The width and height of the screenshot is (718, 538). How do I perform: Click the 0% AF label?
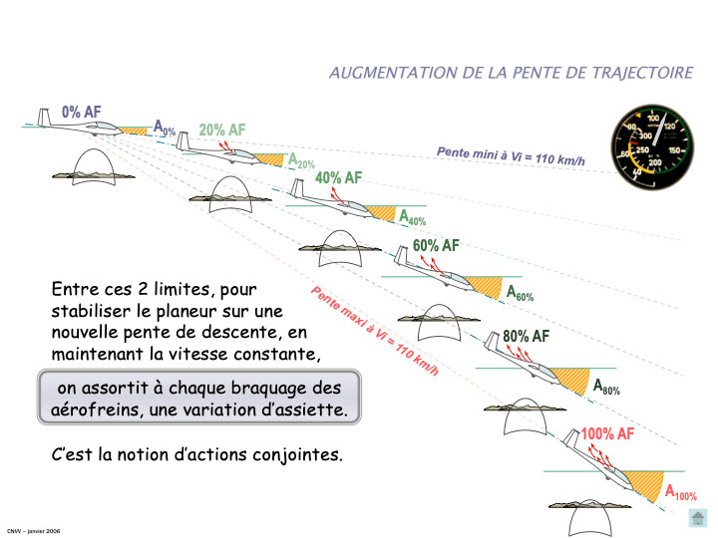coord(82,112)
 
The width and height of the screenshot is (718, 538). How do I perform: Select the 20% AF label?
coord(222,130)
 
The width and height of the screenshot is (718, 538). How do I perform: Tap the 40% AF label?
coord(338,177)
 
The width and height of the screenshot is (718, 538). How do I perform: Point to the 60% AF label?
coord(436,246)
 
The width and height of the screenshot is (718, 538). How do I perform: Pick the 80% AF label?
coord(527,337)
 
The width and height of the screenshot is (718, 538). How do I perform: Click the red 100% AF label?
coord(607,433)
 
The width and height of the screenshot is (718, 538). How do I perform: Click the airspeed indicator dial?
coord(652,146)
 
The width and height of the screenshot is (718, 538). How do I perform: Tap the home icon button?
coord(697,518)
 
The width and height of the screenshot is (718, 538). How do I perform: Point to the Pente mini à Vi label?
coord(511,155)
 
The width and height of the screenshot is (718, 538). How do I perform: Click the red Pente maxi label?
coord(375,331)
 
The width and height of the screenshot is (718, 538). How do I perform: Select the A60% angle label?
coord(520,293)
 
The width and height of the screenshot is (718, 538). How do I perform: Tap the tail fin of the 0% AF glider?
coord(44,118)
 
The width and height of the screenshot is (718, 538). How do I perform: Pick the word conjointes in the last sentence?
coord(297,454)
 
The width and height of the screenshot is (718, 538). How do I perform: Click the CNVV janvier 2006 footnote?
coord(34,531)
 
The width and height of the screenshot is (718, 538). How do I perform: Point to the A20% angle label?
coord(301,161)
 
